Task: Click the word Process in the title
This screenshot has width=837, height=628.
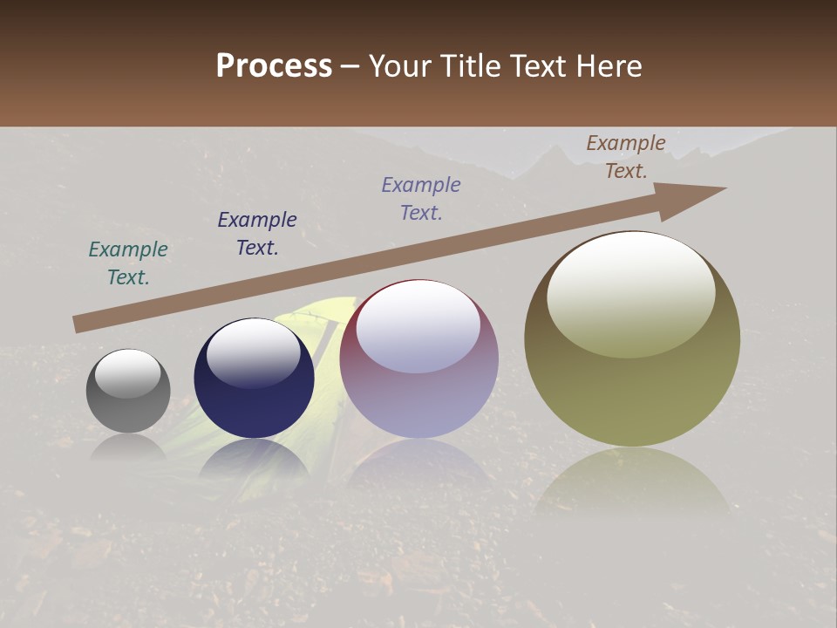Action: point(274,65)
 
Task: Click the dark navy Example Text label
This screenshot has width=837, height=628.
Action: point(257,234)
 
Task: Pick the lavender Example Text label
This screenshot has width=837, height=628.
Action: point(421,199)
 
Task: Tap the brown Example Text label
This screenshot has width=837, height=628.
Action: point(626,157)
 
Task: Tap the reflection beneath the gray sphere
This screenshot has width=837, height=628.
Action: point(128,447)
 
